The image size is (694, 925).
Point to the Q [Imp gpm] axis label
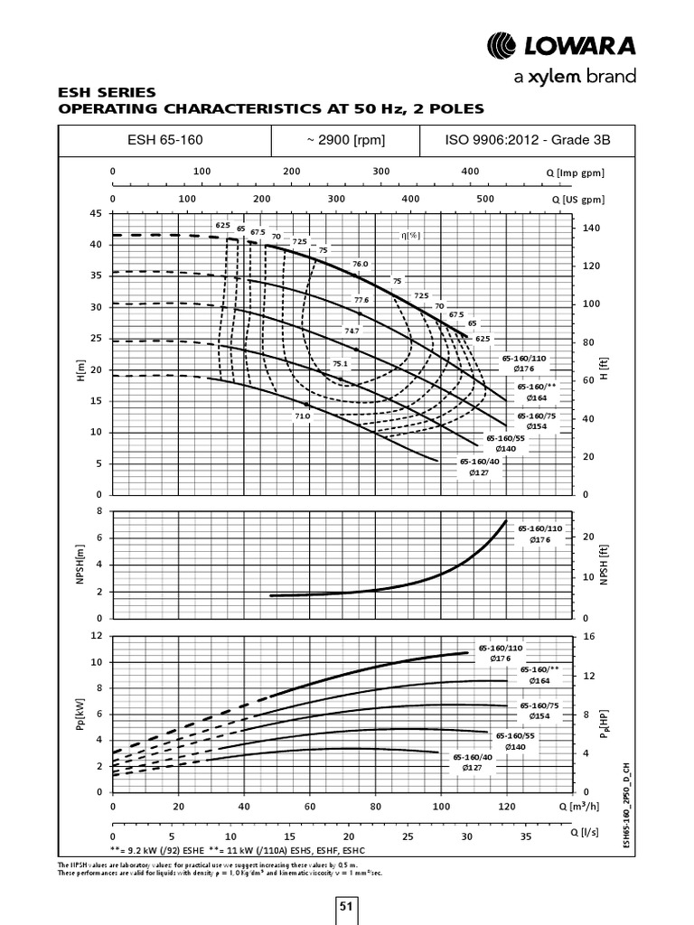(x=576, y=172)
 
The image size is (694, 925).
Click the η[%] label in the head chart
(x=411, y=235)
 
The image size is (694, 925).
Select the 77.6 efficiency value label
(x=361, y=300)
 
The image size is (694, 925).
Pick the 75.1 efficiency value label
(x=341, y=363)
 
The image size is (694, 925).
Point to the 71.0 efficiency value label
(x=302, y=416)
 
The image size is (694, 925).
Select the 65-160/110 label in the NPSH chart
(x=539, y=528)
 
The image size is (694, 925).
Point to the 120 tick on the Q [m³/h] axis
(x=507, y=806)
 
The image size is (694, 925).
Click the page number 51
(x=347, y=907)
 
